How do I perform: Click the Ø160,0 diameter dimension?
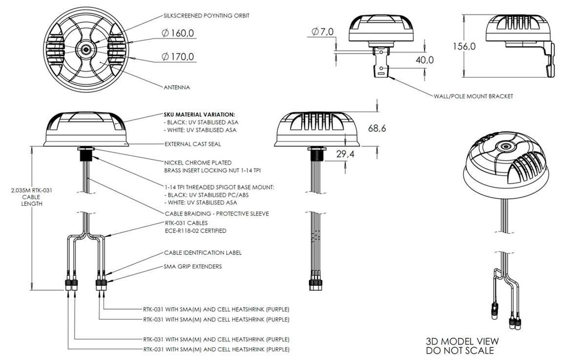(178, 33)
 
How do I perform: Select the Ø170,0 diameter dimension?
(178, 56)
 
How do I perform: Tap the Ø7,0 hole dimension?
(322, 32)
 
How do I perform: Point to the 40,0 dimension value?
(425, 60)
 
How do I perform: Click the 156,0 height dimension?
(464, 46)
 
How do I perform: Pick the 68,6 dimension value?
(377, 128)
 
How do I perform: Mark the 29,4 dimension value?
(345, 154)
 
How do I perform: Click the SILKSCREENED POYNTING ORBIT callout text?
(207, 16)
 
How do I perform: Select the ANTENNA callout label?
(177, 88)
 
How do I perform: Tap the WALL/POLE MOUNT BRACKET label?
(473, 96)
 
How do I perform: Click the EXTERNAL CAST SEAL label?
(193, 144)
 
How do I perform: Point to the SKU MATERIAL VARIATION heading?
(199, 114)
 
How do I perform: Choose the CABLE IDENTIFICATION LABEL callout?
(203, 252)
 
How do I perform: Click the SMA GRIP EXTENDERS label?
(193, 266)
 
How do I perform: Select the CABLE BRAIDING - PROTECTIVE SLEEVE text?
(217, 214)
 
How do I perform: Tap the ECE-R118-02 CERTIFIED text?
(195, 231)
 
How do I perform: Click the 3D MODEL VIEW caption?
(462, 342)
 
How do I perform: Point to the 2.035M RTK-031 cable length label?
(32, 197)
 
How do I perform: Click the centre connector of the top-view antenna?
(85, 50)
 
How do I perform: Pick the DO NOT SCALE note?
(460, 351)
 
